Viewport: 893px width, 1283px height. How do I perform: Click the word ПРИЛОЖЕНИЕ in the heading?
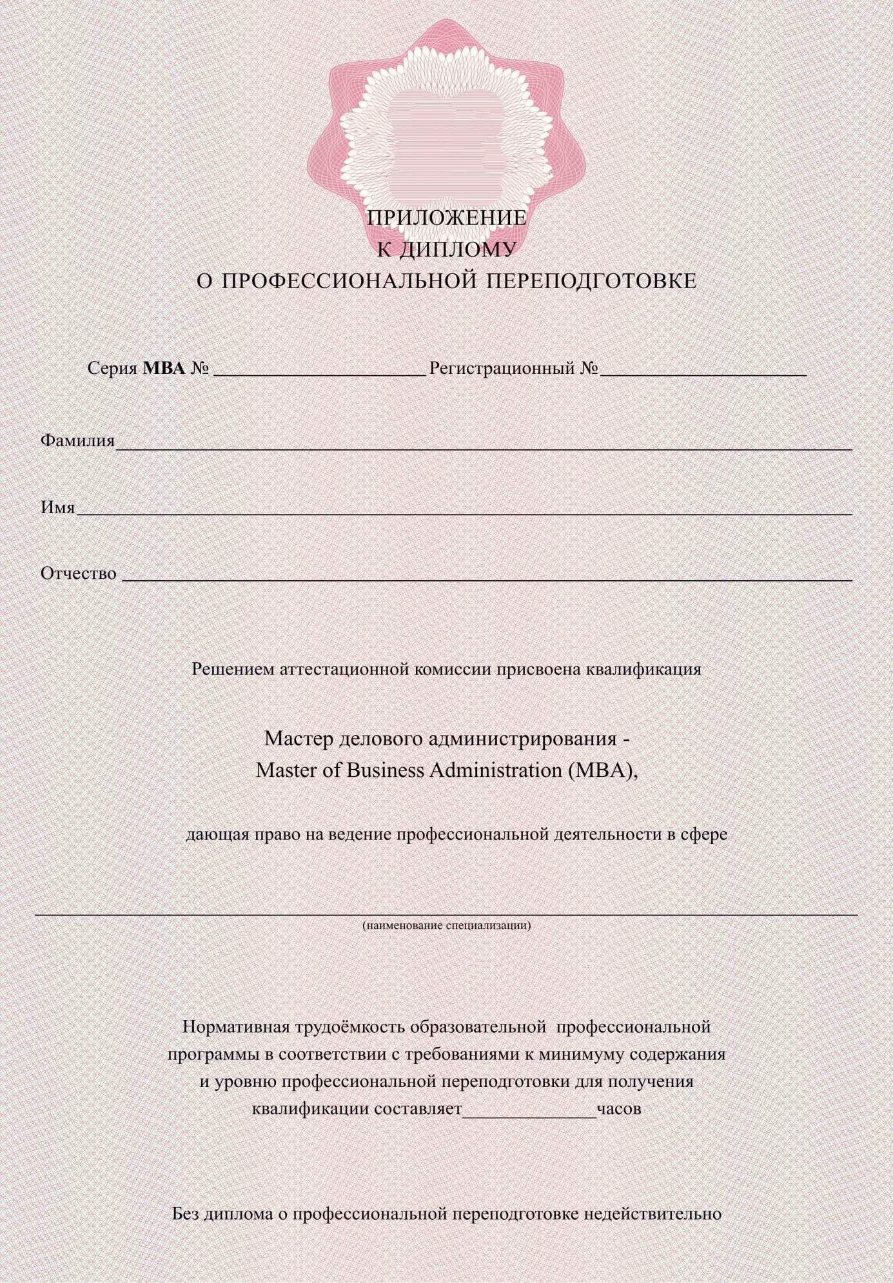[447, 218]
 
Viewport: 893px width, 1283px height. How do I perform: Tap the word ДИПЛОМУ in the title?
[458, 250]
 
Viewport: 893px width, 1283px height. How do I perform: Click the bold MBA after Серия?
[164, 368]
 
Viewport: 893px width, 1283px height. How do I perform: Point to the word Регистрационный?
[502, 368]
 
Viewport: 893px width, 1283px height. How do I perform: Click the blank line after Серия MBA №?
[320, 371]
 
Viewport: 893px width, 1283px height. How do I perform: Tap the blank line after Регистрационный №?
[703, 371]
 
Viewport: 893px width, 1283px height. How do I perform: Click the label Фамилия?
[77, 440]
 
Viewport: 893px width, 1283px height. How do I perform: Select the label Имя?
[58, 507]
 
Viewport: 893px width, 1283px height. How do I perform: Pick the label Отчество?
[79, 573]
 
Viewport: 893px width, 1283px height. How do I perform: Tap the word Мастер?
[298, 738]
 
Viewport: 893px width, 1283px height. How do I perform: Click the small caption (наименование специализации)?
[447, 925]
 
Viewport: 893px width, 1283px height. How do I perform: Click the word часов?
[619, 1109]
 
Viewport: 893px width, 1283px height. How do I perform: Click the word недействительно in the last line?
[653, 1214]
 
